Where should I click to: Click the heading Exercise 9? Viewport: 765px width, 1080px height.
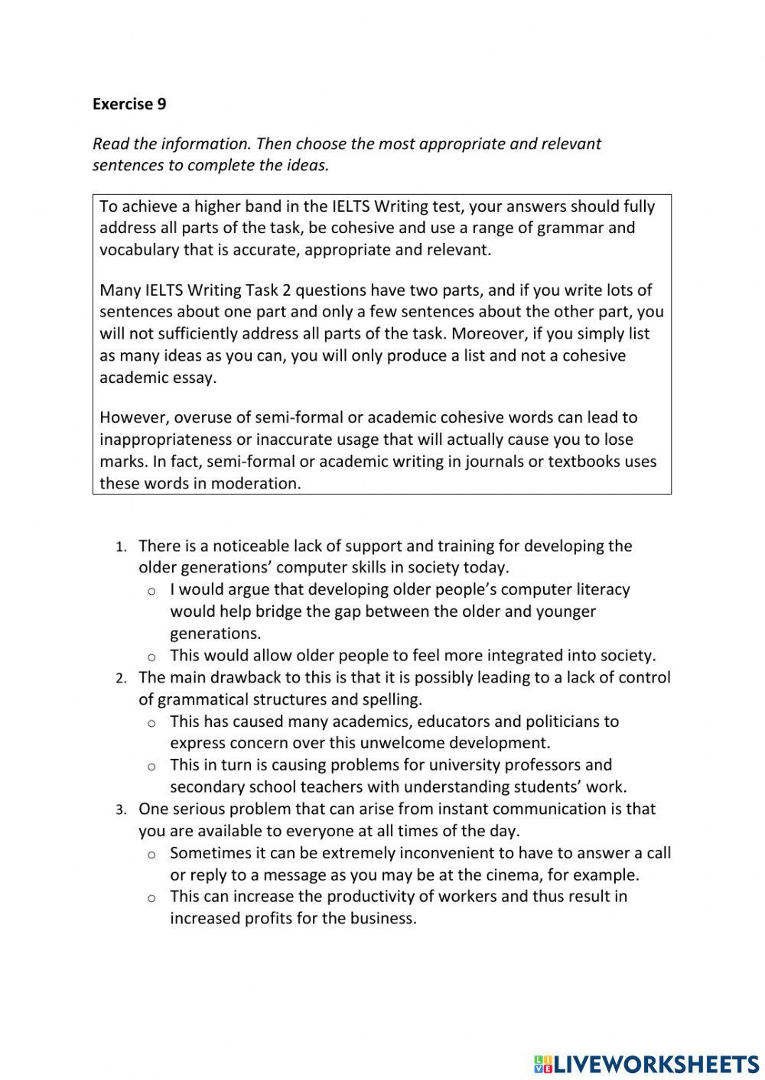129,104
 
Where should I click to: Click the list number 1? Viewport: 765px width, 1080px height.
120,547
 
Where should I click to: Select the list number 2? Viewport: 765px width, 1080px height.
120,679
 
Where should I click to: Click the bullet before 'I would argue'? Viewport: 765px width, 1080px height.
152,591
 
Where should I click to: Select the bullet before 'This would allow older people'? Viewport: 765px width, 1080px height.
152,657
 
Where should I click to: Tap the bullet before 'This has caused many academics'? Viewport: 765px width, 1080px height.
152,722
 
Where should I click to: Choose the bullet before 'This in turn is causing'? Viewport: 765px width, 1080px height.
152,766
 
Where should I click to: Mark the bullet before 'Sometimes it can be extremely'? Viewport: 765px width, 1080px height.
152,854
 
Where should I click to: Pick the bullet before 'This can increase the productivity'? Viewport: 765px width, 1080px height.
152,897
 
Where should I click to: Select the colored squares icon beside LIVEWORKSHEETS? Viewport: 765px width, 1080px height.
542,1063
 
